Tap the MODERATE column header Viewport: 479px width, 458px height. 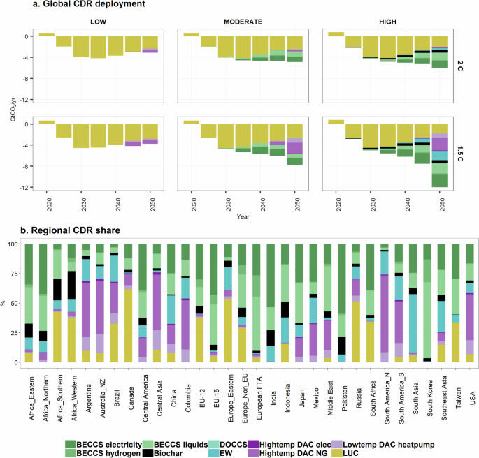[x=243, y=22]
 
